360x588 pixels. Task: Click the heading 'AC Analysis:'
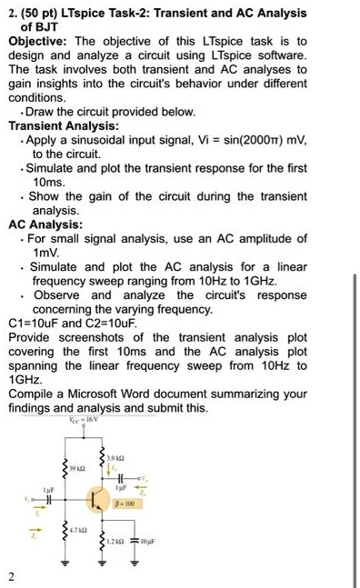(45, 223)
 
